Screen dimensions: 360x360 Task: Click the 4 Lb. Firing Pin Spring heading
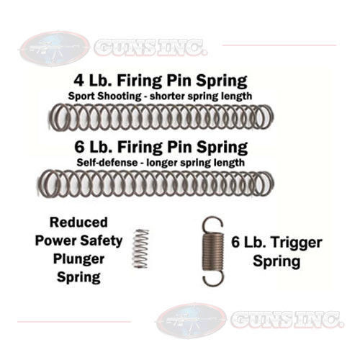(x=161, y=81)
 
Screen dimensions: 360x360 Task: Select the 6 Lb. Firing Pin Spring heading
(x=161, y=148)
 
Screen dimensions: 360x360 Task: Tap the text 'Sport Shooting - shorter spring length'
(x=160, y=96)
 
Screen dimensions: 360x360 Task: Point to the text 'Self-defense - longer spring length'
(x=161, y=163)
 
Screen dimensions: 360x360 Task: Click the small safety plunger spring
(x=140, y=248)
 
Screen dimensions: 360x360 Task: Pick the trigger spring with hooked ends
(x=212, y=251)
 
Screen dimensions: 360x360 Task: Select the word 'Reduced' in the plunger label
(x=78, y=222)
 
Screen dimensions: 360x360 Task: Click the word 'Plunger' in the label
(x=78, y=259)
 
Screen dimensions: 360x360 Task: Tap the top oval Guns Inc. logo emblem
(x=55, y=49)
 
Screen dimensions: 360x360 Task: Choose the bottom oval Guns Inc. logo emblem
(x=192, y=320)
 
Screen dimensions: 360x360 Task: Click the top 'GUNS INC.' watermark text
(x=150, y=48)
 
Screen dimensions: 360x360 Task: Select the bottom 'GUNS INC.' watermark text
(x=287, y=320)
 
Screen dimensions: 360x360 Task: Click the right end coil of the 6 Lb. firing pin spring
(x=266, y=184)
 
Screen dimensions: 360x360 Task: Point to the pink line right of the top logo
(x=279, y=45)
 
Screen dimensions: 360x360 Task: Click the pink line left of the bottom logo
(x=74, y=321)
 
